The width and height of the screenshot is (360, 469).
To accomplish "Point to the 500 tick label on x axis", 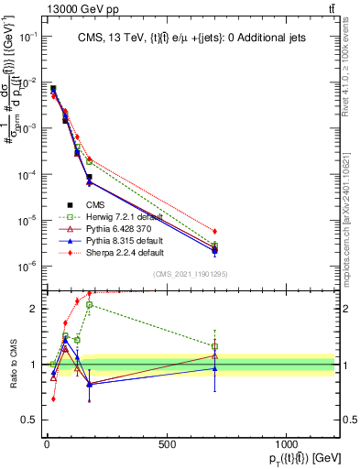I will coord(167,442).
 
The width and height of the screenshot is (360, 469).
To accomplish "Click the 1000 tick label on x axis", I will coord(286,442).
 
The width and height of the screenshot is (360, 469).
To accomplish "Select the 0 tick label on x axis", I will coord(47,442).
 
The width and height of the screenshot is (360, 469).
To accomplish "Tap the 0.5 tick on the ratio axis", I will coord(31,420).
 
